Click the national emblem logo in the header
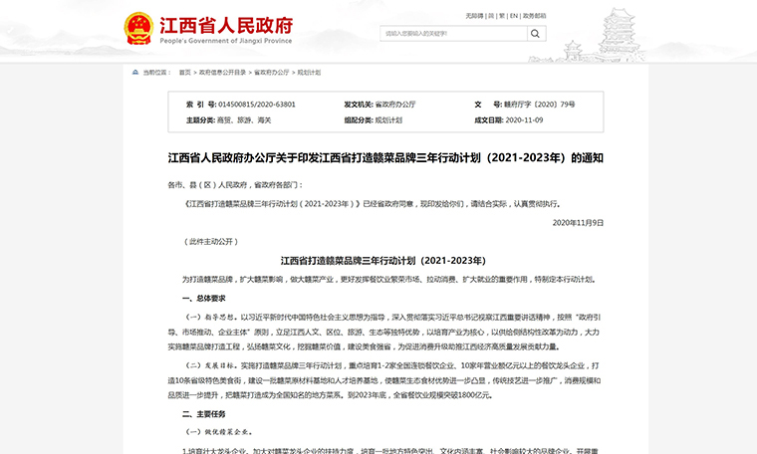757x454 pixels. coord(138,26)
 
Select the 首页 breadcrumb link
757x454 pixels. coord(184,73)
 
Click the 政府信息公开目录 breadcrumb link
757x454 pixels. coord(221,73)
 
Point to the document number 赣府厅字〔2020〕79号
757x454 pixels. coord(539,104)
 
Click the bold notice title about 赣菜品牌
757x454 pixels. coord(385,156)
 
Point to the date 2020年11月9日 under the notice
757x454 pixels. coord(578,222)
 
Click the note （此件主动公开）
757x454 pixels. coord(212,241)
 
